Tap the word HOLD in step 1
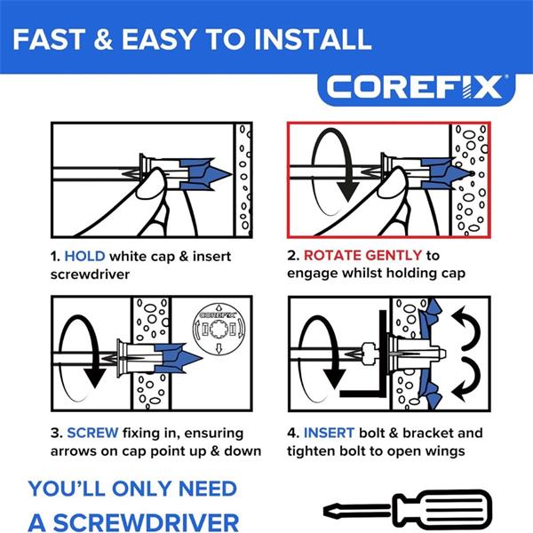tap(84, 257)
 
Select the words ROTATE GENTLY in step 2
tap(362, 255)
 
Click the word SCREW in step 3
tap(92, 434)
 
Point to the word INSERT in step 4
tap(329, 434)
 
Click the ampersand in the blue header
tap(103, 39)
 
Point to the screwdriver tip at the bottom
tap(327, 510)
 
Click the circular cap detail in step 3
tap(219, 329)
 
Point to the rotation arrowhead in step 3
tap(94, 378)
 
